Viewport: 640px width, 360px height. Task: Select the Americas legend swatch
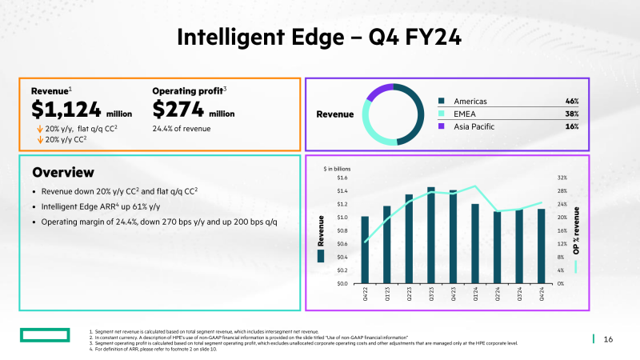pyautogui.click(x=441, y=102)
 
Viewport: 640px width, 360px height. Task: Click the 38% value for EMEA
pyautogui.click(x=571, y=114)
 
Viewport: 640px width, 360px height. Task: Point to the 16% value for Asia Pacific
pyautogui.click(x=571, y=126)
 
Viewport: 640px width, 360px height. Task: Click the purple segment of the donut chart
pyautogui.click(x=379, y=91)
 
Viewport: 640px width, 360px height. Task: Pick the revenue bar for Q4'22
pyautogui.click(x=365, y=249)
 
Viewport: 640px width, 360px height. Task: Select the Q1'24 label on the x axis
pyautogui.click(x=475, y=295)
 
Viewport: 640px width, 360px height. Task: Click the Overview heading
pyautogui.click(x=62, y=173)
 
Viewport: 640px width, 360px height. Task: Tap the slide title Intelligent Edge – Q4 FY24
pyautogui.click(x=319, y=37)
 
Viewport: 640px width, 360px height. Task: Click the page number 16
pyautogui.click(x=608, y=339)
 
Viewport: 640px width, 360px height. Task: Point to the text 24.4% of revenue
pyautogui.click(x=181, y=128)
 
